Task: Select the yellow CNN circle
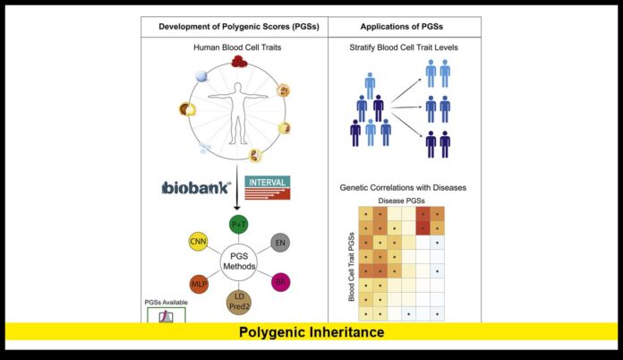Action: [198, 242]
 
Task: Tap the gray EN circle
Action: [279, 242]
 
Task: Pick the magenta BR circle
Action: [280, 282]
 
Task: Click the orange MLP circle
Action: [199, 283]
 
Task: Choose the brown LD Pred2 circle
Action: [239, 302]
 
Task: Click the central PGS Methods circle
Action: [239, 262]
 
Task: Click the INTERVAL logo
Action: [268, 186]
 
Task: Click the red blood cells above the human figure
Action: [239, 62]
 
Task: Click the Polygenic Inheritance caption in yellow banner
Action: [311, 332]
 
